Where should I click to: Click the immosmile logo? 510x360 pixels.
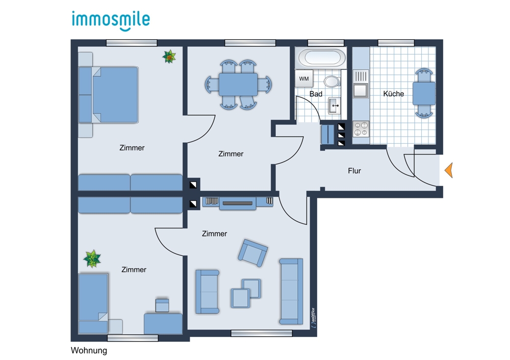click(x=111, y=21)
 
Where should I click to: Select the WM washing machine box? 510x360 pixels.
click(x=304, y=79)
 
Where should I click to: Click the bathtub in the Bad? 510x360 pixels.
click(x=322, y=58)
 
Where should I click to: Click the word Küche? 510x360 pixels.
click(x=393, y=94)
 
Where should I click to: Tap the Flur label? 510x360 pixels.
click(x=354, y=171)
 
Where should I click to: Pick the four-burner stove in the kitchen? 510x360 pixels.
click(x=361, y=128)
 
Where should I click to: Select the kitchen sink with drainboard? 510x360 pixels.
click(x=361, y=84)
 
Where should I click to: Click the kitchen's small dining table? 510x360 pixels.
click(x=424, y=93)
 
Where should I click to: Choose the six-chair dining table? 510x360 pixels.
click(x=238, y=84)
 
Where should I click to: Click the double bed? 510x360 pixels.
click(x=108, y=95)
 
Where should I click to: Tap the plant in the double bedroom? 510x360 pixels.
click(x=169, y=57)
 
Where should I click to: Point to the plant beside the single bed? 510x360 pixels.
click(x=92, y=259)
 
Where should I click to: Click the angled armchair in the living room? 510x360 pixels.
click(x=253, y=253)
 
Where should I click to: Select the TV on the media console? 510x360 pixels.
click(x=238, y=203)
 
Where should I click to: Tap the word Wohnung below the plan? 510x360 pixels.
click(x=89, y=351)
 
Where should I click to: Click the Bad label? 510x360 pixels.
click(x=316, y=94)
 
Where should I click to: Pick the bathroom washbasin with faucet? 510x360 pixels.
click(x=335, y=106)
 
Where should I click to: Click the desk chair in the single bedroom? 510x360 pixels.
click(x=162, y=305)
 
